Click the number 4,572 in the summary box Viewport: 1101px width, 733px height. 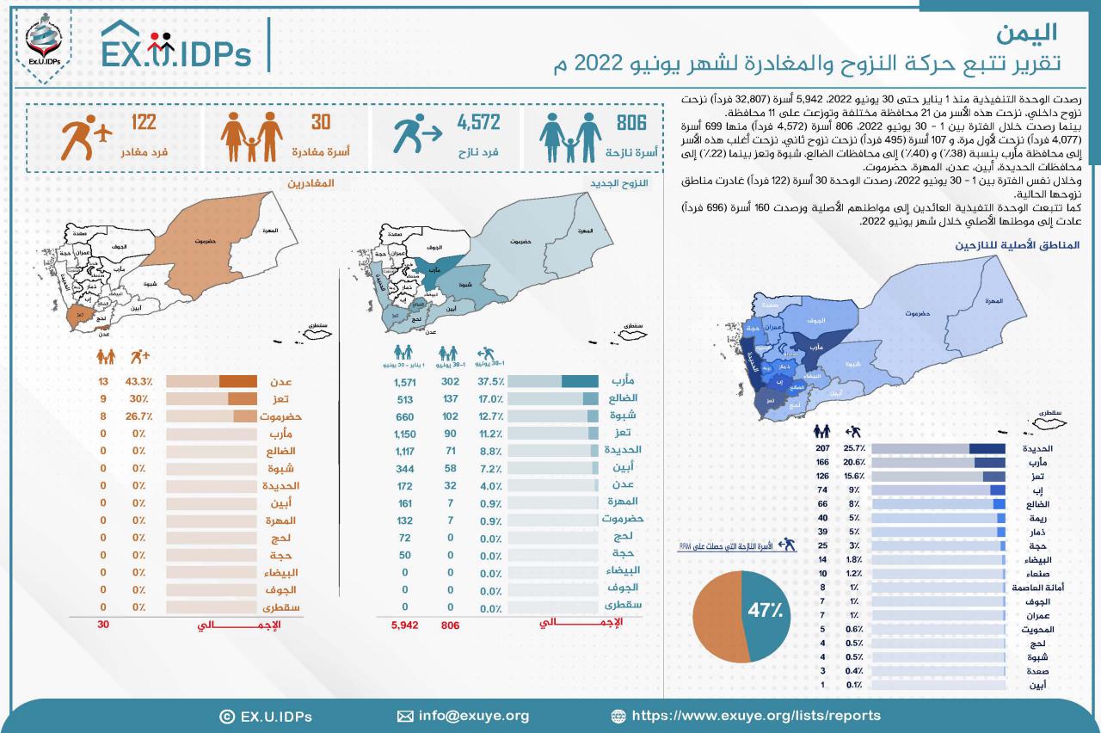(478, 123)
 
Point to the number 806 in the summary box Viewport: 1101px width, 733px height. (631, 123)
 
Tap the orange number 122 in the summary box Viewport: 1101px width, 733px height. (144, 123)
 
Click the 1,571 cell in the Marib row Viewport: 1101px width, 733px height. (403, 382)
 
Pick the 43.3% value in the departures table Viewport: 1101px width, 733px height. (137, 382)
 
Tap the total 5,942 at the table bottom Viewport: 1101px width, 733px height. (403, 625)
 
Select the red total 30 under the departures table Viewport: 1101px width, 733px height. (104, 625)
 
